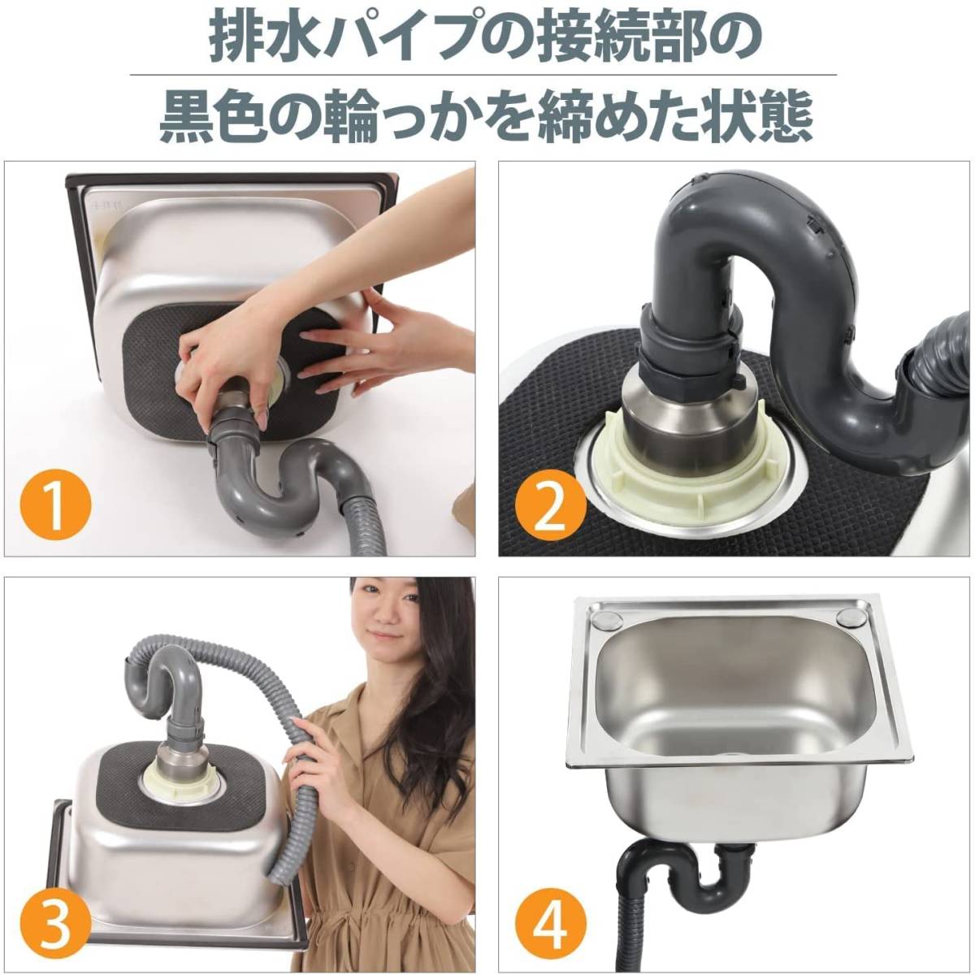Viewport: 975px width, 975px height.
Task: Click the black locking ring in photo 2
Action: pyautogui.click(x=688, y=352)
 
